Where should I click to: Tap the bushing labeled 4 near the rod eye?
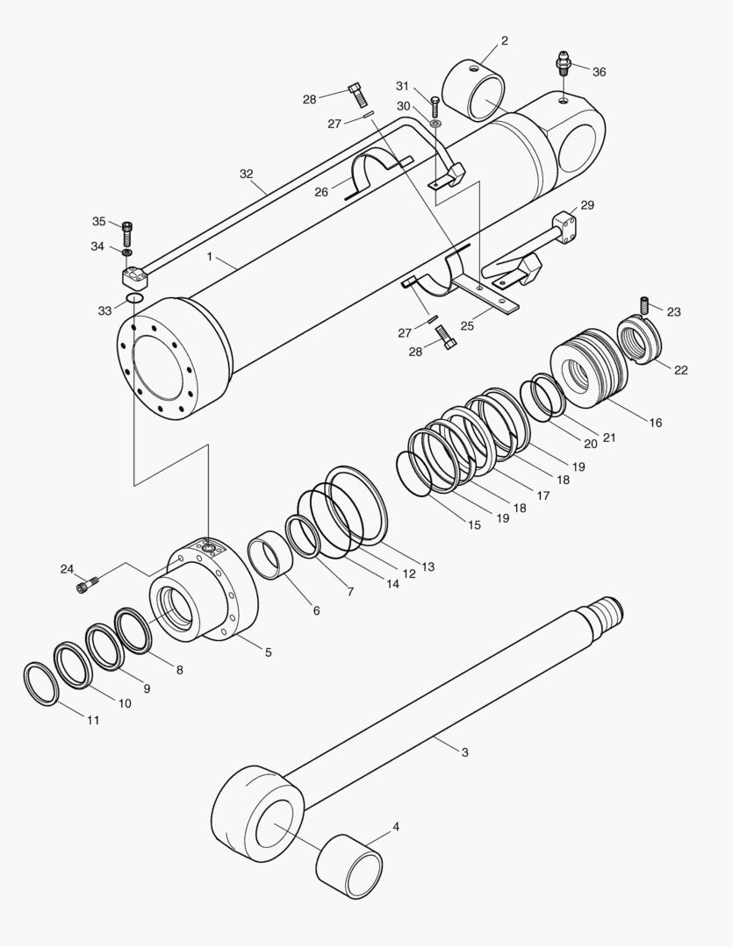[x=349, y=869]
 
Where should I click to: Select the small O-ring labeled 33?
[x=134, y=300]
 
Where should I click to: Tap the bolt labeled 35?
[x=127, y=231]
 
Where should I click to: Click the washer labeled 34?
[x=127, y=253]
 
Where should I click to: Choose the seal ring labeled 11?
[x=40, y=685]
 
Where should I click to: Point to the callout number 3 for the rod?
[x=464, y=752]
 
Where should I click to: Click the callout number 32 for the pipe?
[x=247, y=174]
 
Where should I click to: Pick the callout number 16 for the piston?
[x=655, y=423]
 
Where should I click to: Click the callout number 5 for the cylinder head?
[x=268, y=652]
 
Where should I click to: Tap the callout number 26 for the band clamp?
[x=321, y=191]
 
